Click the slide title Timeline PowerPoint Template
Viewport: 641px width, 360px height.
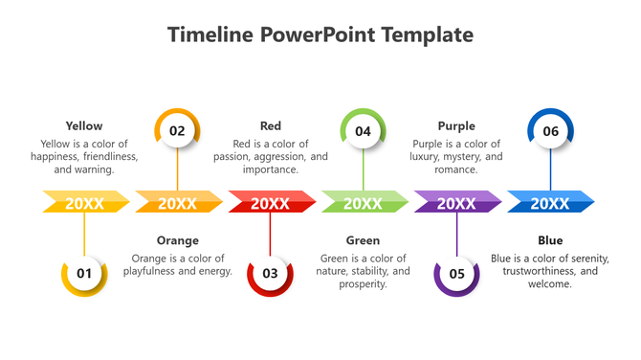click(x=320, y=35)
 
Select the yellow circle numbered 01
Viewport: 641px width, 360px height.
click(x=84, y=274)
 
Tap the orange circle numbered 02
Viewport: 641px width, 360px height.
click(x=177, y=131)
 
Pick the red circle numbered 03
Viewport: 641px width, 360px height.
click(x=270, y=274)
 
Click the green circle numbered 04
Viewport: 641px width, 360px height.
click(x=364, y=131)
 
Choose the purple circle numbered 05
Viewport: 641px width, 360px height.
click(x=456, y=274)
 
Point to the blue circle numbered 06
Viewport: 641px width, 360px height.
click(x=550, y=131)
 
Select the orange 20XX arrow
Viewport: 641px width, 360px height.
click(x=177, y=202)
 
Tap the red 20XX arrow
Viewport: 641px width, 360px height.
click(x=271, y=202)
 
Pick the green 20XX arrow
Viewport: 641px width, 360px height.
click(x=364, y=202)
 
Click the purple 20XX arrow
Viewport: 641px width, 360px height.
click(x=456, y=202)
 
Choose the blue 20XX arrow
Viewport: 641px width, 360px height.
click(x=550, y=202)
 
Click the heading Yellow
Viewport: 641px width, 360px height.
click(x=84, y=125)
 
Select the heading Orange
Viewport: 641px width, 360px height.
click(x=177, y=240)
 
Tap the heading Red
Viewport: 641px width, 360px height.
click(x=271, y=125)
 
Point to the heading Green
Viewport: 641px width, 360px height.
click(x=364, y=240)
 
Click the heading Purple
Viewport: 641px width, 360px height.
click(x=456, y=125)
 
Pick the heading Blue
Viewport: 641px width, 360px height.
click(x=550, y=240)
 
